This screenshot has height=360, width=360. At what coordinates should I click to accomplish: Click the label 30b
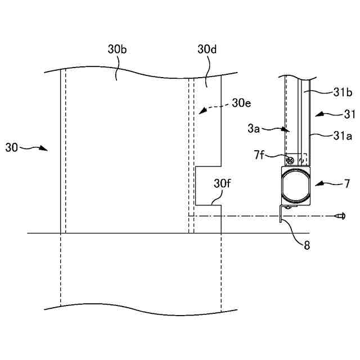pyautogui.click(x=117, y=49)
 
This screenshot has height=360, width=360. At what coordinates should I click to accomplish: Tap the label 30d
pyautogui.click(x=207, y=49)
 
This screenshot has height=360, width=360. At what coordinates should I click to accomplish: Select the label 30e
pyautogui.click(x=241, y=103)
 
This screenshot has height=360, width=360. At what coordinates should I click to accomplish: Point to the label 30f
pyautogui.click(x=222, y=183)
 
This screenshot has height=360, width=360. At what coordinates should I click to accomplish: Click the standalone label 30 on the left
pyautogui.click(x=11, y=148)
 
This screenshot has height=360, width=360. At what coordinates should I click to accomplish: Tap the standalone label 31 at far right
pyautogui.click(x=350, y=114)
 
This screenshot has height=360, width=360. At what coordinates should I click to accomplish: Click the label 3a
pyautogui.click(x=253, y=129)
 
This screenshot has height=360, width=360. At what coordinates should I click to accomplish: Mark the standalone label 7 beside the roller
pyautogui.click(x=346, y=183)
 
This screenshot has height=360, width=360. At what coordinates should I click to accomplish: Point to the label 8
pyautogui.click(x=306, y=245)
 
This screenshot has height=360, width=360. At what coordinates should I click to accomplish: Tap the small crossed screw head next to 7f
pyautogui.click(x=290, y=160)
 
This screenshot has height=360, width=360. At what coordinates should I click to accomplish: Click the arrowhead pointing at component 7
pyautogui.click(x=316, y=183)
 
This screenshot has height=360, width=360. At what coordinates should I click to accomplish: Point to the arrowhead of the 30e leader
pyautogui.click(x=197, y=113)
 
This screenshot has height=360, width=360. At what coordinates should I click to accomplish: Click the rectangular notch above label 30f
pyautogui.click(x=208, y=185)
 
